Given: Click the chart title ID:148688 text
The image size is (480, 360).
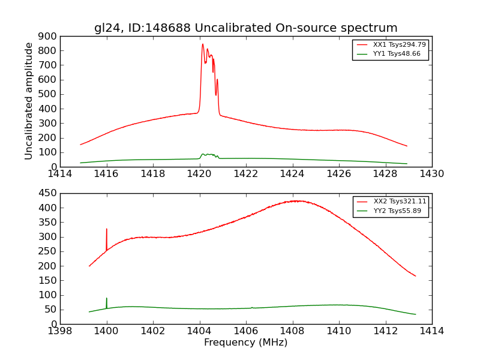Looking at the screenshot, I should (x=245, y=28).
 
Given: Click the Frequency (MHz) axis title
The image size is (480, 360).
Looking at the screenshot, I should (x=245, y=343).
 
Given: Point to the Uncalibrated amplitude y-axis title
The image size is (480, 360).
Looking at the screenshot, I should (x=29, y=101).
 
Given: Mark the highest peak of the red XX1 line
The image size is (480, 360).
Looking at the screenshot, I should (x=203, y=44).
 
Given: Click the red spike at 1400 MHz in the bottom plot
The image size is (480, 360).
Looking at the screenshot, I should (x=107, y=230).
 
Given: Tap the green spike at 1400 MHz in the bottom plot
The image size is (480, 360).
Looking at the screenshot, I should (x=107, y=299).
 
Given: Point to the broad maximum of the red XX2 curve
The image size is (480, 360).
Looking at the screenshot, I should (x=294, y=201).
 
